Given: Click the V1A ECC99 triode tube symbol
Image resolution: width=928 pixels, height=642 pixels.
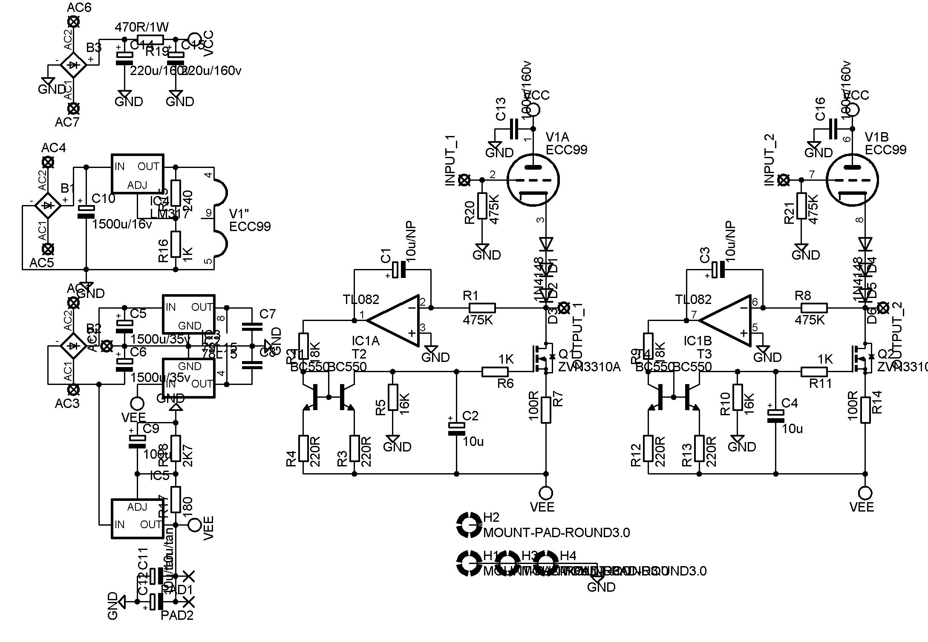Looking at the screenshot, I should click(x=533, y=180).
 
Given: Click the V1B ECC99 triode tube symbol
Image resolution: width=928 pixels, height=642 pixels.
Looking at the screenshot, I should click(x=852, y=180).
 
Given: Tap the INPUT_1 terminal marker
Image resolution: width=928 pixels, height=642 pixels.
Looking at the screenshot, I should click(x=464, y=180).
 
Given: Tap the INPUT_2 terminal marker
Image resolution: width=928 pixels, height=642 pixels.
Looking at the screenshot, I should click(x=783, y=180).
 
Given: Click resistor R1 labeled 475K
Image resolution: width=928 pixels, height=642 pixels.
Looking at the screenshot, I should click(x=482, y=308).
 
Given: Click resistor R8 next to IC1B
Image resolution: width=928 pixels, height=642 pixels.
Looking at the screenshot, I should click(x=814, y=308).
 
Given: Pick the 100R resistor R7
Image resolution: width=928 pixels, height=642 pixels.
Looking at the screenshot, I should click(x=546, y=410).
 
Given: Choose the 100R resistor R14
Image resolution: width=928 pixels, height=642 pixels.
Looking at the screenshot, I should click(x=865, y=410).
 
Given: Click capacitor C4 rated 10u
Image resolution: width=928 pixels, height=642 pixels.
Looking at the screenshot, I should click(x=775, y=416).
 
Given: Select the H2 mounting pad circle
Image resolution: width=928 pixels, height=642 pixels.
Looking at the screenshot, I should click(x=468, y=525).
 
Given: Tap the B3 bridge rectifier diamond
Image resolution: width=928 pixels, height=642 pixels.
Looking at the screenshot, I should click(x=73, y=65).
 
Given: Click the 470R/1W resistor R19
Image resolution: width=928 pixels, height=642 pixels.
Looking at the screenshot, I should click(x=150, y=40).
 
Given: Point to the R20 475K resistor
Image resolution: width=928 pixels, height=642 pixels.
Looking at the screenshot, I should click(x=482, y=206).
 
